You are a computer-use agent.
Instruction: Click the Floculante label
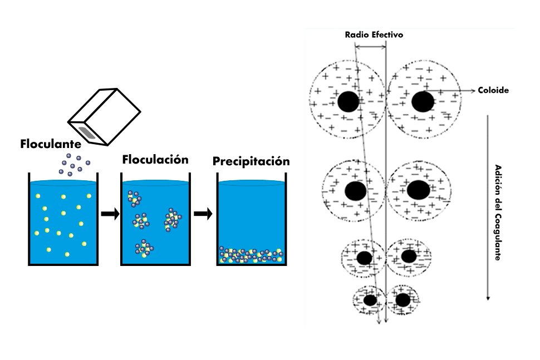click(51, 144)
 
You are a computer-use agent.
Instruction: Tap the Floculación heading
click(155, 160)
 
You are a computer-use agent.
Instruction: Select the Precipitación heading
click(251, 161)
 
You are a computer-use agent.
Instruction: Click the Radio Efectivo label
click(374, 34)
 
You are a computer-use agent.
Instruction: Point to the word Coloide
click(493, 90)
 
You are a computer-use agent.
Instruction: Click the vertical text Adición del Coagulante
click(498, 213)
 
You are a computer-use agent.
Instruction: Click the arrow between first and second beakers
click(110, 214)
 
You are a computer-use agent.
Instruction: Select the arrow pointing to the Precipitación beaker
click(203, 214)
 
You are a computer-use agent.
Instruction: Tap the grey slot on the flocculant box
click(87, 133)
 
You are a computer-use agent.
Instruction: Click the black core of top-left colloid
click(348, 101)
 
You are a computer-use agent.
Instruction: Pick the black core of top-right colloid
click(423, 101)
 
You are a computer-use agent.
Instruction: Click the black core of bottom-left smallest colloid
click(370, 300)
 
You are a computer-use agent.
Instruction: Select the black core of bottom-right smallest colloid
click(402, 300)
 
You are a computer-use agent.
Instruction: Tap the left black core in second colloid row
click(355, 191)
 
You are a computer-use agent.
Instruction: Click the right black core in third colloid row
click(409, 256)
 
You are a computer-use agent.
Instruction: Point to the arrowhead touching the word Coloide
click(473, 91)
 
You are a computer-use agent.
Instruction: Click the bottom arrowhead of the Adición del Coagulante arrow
click(488, 298)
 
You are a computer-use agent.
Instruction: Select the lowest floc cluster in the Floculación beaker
click(144, 248)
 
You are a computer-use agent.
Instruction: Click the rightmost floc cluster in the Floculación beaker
click(173, 219)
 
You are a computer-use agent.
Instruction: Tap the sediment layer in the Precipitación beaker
click(252, 255)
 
